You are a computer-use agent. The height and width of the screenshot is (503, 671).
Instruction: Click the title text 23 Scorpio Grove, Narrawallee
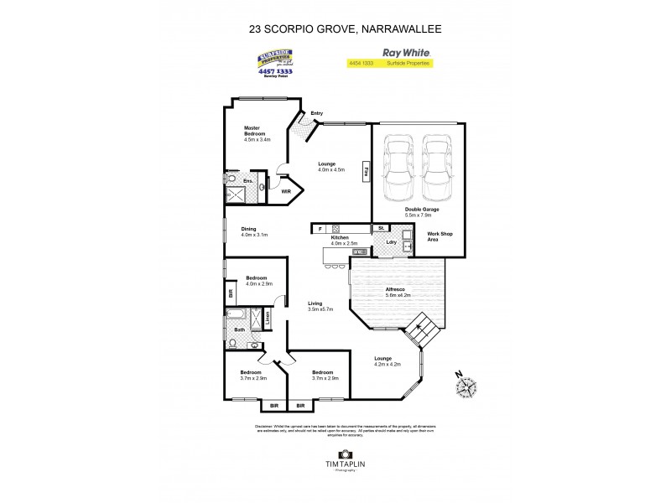(335, 28)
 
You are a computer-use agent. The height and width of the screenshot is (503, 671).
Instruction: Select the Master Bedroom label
(256, 133)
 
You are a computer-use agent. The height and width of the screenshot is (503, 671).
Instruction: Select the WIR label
(285, 192)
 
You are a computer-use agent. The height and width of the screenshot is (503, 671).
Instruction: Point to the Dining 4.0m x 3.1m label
(254, 232)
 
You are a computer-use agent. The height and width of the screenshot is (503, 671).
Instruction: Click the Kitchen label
(339, 240)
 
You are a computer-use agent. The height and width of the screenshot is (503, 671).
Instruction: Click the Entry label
(316, 113)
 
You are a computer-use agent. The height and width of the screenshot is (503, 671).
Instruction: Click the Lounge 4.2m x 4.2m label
(387, 362)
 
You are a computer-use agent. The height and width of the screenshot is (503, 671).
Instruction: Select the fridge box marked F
(320, 228)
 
